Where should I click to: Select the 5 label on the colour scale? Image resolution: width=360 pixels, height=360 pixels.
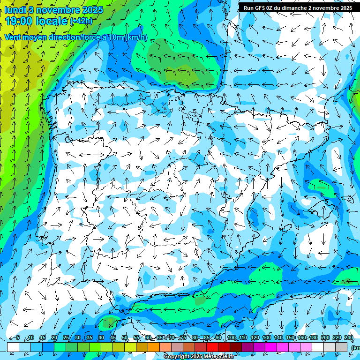(17, 338)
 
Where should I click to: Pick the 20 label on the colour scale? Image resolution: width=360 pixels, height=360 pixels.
(54, 338)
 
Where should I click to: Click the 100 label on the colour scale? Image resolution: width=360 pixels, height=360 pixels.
(231, 338)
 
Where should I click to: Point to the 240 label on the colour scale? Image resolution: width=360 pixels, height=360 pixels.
(348, 338)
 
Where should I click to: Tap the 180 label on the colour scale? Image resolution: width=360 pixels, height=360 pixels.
(313, 338)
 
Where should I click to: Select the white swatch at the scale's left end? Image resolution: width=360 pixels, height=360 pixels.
(13, 347)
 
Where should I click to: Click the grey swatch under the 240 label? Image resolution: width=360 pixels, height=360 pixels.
(342, 347)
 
